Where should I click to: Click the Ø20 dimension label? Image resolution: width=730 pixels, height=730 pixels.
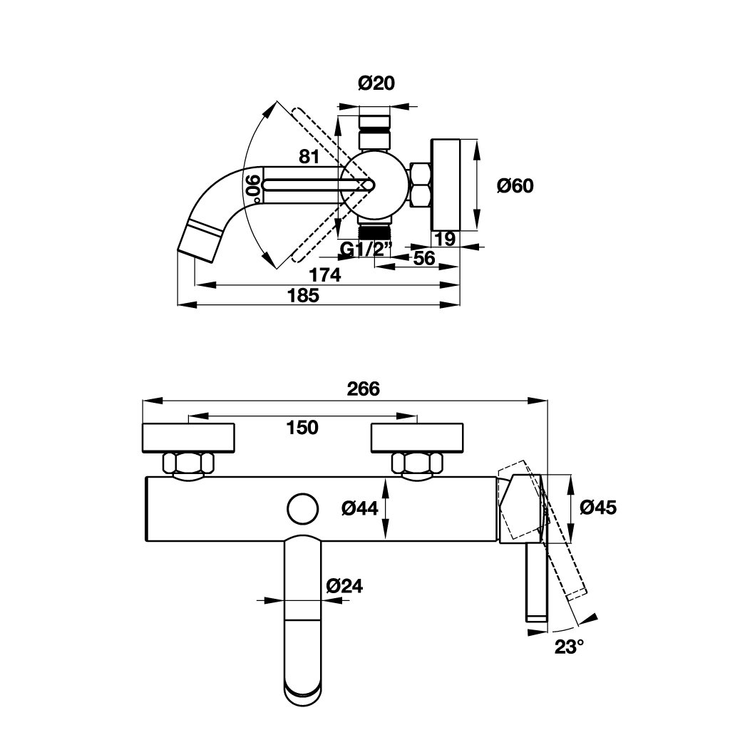tap(375, 84)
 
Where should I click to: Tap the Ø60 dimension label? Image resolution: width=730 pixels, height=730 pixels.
tap(515, 185)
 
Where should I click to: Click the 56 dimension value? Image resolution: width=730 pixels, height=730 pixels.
tap(424, 258)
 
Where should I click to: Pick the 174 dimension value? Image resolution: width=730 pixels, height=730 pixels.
tap(325, 274)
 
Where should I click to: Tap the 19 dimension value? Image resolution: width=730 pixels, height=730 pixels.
tap(445, 239)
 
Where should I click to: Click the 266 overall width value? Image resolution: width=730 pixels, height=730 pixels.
tap(364, 389)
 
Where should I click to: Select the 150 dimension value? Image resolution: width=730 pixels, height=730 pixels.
tap(302, 427)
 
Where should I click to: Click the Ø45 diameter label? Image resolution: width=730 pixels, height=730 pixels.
tap(598, 507)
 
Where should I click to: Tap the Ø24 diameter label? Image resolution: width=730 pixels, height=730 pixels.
tap(344, 586)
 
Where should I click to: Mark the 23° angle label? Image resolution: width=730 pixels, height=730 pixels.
tap(570, 647)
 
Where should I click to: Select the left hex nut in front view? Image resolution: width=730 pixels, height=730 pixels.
tap(189, 463)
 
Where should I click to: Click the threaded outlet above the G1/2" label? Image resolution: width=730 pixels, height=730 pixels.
tap(374, 230)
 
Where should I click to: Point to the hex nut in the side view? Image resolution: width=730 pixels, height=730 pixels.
tap(421, 185)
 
